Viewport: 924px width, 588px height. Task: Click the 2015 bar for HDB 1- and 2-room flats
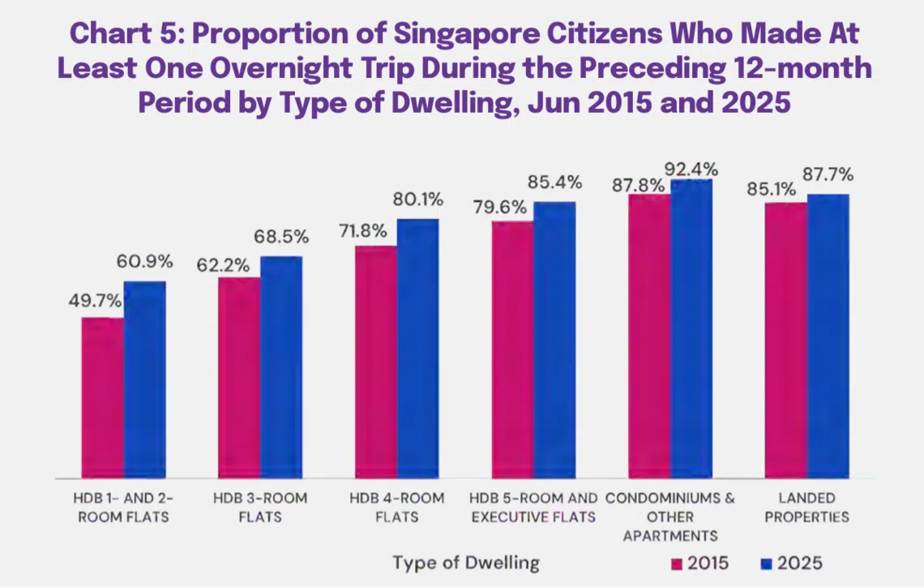[103, 397]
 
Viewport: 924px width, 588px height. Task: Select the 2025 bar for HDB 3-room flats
[281, 367]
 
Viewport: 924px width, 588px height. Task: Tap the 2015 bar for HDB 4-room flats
[376, 362]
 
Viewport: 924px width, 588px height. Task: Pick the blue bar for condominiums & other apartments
[691, 328]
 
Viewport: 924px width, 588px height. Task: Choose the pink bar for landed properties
[785, 340]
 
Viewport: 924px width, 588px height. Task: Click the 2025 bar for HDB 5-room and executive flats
[554, 339]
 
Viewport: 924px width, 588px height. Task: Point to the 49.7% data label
[95, 301]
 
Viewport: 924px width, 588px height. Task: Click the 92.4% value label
[691, 170]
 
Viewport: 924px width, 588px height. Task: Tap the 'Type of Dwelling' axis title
[466, 563]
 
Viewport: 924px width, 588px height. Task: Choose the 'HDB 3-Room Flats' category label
[260, 507]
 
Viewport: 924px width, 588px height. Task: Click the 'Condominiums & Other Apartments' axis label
[670, 516]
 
